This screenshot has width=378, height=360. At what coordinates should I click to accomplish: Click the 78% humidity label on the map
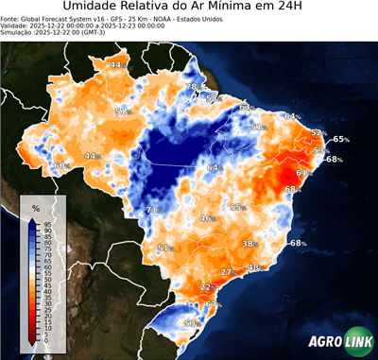191,87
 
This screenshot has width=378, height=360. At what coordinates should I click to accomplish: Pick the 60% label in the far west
61,166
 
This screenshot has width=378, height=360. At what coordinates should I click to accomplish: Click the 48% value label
253,268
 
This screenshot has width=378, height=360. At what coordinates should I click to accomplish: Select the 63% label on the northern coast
247,109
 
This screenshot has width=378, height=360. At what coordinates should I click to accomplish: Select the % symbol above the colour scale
35,207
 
